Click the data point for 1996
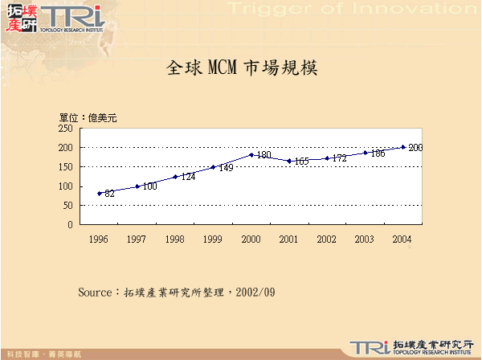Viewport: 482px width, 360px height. (x=100, y=193)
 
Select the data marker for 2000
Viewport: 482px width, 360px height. (x=251, y=155)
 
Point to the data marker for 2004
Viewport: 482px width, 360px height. (x=403, y=147)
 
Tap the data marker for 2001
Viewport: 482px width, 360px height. (x=289, y=161)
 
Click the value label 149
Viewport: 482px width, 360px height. (x=227, y=168)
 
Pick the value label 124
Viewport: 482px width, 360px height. (x=188, y=177)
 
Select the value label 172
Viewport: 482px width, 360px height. (x=339, y=159)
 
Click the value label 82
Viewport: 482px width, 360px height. (x=110, y=194)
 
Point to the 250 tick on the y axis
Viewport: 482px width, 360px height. (x=67, y=129)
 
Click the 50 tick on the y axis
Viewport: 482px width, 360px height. (x=69, y=206)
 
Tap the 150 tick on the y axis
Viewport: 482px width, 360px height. (x=67, y=167)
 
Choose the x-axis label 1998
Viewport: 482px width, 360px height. (x=175, y=239)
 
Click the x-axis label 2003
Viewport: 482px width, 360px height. (x=365, y=239)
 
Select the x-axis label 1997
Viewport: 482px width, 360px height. (x=137, y=239)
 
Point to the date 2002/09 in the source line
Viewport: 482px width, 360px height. (x=257, y=291)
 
